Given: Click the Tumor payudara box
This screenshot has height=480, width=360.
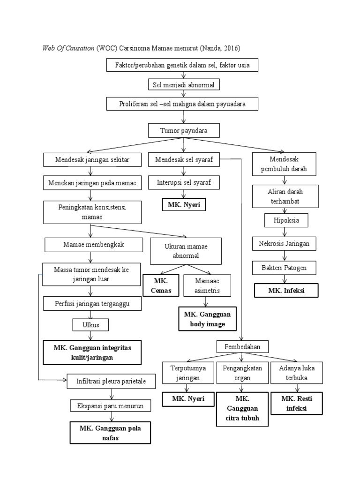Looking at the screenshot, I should pos(184,130).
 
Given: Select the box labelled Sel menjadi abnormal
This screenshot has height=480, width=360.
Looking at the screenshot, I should pos(183,85).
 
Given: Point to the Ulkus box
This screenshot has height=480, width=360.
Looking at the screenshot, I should pos(90,325).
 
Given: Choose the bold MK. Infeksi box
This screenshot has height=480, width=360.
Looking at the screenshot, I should pos(286,291).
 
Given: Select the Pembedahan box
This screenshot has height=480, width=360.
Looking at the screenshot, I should pos(242,346).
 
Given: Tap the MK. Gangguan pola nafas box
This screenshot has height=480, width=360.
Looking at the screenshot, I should pos(110,433).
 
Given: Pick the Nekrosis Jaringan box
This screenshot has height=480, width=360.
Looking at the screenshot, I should pos(285,244).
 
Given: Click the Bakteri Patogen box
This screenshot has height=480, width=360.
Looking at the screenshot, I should pos(285,268).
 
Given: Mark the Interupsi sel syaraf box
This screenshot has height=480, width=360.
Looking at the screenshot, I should pos(184,182).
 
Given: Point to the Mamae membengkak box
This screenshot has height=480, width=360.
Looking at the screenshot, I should pos(90,244).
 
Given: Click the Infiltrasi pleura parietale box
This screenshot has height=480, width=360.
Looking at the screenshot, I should pos(111,382).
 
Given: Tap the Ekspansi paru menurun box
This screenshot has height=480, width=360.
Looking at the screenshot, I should pos(111,405).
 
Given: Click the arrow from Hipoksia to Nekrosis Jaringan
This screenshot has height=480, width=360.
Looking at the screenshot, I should pos(284,232).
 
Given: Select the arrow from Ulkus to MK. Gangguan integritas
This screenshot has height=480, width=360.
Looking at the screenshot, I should pos(90,336).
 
